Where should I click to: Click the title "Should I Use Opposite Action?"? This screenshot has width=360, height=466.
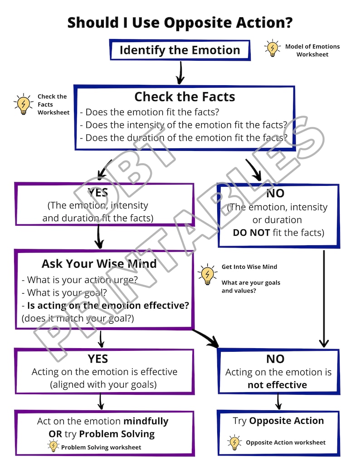click(180, 23)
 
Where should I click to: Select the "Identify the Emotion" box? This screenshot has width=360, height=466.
click(180, 50)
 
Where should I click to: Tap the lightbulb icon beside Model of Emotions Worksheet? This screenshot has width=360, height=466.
click(272, 48)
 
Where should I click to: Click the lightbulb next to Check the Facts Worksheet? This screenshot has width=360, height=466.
click(24, 104)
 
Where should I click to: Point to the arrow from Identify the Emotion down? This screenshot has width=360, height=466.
click(180, 73)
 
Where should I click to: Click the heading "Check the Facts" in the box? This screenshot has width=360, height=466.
click(185, 97)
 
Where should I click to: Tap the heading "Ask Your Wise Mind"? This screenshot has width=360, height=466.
click(99, 264)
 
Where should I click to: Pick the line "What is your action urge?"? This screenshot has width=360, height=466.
click(80, 280)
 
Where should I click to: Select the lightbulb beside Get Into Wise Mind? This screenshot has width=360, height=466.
click(207, 274)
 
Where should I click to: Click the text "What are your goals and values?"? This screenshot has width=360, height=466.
click(251, 286)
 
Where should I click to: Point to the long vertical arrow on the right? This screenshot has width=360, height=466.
click(324, 299)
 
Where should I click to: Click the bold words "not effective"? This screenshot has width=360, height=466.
click(277, 385)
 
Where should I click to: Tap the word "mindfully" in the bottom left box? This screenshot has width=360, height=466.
click(146, 422)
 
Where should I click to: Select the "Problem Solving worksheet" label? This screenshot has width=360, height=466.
click(101, 447)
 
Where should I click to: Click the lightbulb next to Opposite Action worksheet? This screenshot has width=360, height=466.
click(234, 442)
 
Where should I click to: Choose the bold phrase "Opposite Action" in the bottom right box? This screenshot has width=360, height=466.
click(287, 421)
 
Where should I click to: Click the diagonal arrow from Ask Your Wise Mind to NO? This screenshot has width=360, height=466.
click(206, 338)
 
